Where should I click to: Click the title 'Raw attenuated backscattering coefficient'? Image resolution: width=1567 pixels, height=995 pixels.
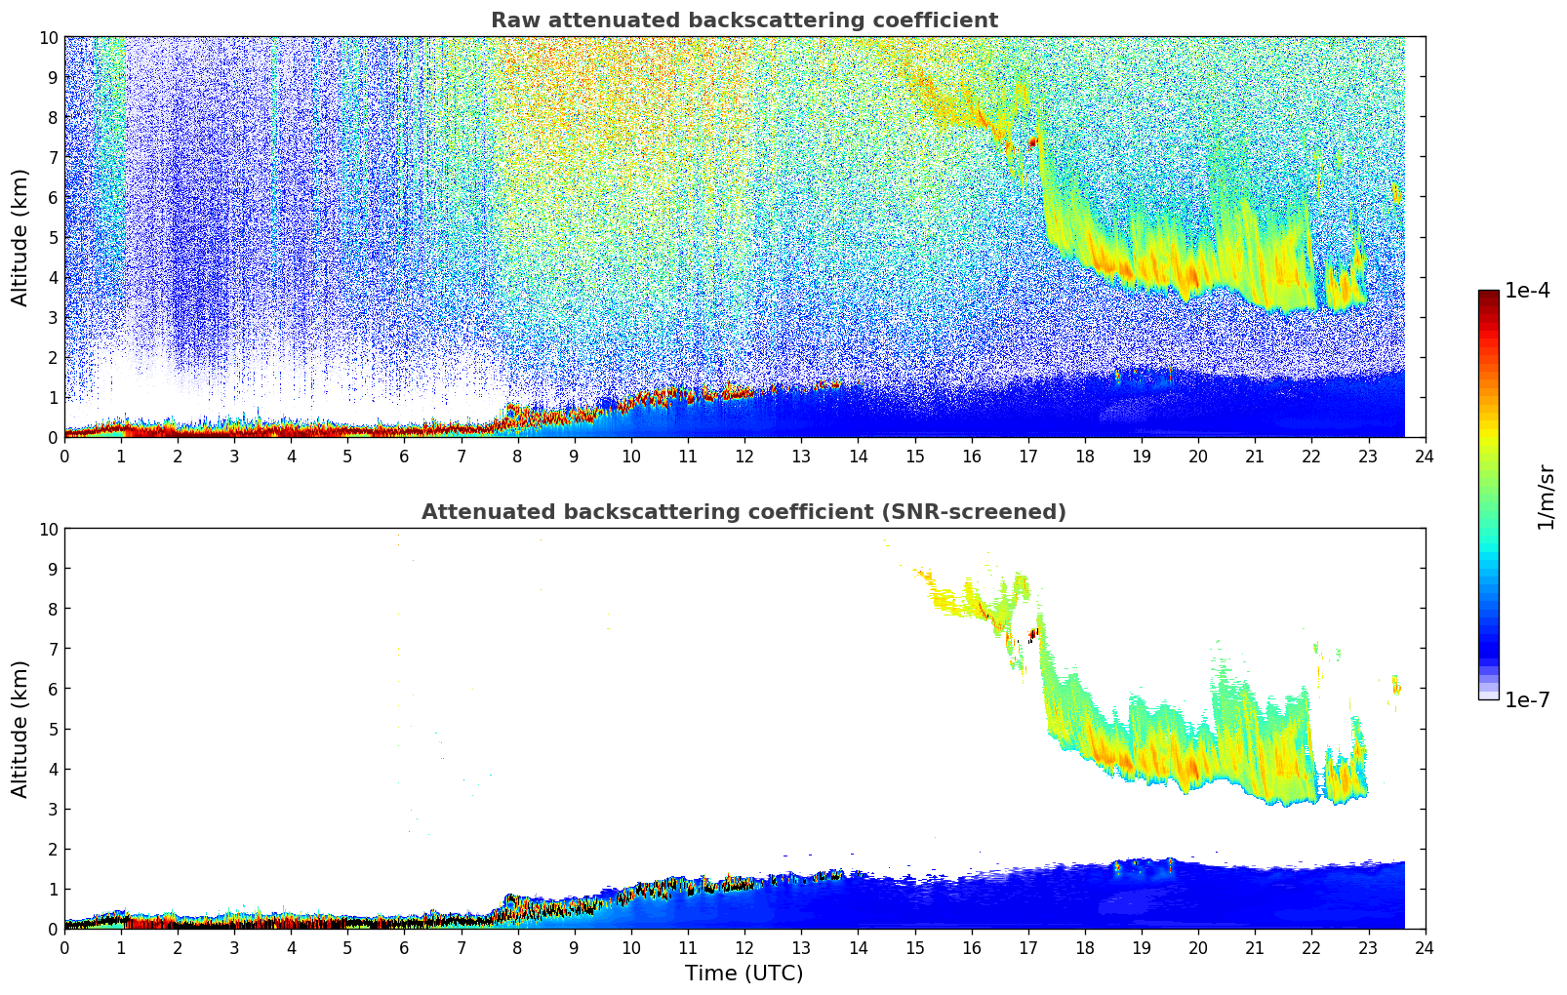click(x=743, y=20)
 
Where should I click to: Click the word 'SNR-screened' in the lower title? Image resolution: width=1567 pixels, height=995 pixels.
click(x=988, y=512)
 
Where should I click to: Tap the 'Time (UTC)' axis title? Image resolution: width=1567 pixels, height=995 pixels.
click(x=743, y=974)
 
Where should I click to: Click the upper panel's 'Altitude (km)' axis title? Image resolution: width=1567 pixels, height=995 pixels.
click(x=20, y=237)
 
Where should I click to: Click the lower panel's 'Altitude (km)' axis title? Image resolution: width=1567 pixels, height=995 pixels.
click(x=20, y=729)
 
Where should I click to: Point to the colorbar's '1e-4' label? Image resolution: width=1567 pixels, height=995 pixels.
click(x=1527, y=291)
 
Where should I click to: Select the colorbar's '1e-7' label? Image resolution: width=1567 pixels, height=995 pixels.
click(x=1527, y=699)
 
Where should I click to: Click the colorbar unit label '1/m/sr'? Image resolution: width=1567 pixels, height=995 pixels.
click(x=1545, y=496)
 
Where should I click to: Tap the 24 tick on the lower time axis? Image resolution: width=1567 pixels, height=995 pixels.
click(x=1425, y=948)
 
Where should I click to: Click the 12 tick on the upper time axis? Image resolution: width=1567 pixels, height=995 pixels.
click(x=744, y=457)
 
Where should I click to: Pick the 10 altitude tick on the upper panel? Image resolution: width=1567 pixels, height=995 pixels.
click(x=48, y=37)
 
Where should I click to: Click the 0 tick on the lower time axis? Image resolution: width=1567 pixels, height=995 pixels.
click(x=64, y=948)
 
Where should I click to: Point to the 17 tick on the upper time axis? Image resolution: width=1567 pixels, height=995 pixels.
click(x=1027, y=457)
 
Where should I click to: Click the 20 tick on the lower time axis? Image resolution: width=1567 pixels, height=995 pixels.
click(x=1198, y=948)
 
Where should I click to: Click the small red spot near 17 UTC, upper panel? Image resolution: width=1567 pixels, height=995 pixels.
click(x=1033, y=142)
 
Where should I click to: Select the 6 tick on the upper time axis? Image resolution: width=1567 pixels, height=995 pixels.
click(x=404, y=457)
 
